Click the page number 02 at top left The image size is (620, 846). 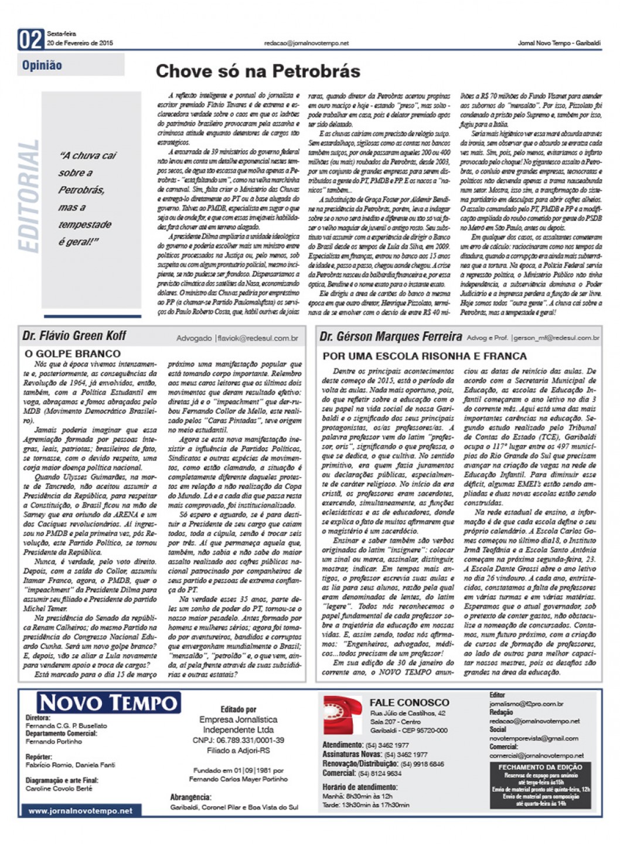(x=31, y=40)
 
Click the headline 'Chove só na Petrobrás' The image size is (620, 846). (x=258, y=72)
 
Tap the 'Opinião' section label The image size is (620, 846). (x=42, y=65)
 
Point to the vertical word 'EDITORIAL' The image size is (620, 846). (x=29, y=196)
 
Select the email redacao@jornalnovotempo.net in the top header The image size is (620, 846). (x=306, y=43)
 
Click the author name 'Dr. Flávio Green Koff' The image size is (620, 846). (x=74, y=336)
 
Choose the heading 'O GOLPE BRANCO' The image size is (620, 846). (x=73, y=354)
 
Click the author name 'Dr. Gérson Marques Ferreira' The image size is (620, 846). (x=391, y=337)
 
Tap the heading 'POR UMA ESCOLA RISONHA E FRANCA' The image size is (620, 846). (x=425, y=356)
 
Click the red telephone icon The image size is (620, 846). (x=343, y=715)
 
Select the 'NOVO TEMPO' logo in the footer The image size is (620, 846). (x=108, y=703)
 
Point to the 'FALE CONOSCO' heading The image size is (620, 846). (x=409, y=702)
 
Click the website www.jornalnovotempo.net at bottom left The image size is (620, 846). (x=80, y=811)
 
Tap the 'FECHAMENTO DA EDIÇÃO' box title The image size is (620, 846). (x=540, y=767)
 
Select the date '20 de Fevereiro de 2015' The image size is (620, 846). (x=80, y=43)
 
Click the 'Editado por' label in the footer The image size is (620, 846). (x=239, y=709)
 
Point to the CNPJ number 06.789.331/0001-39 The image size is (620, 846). (x=238, y=740)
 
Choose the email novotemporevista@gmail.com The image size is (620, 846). (x=534, y=738)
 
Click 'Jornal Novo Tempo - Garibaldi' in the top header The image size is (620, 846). (x=559, y=43)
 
